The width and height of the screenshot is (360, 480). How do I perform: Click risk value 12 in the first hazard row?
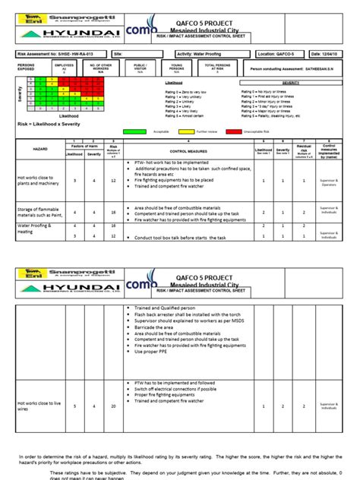click(113, 181)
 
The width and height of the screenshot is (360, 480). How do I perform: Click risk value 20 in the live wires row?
click(113, 406)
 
